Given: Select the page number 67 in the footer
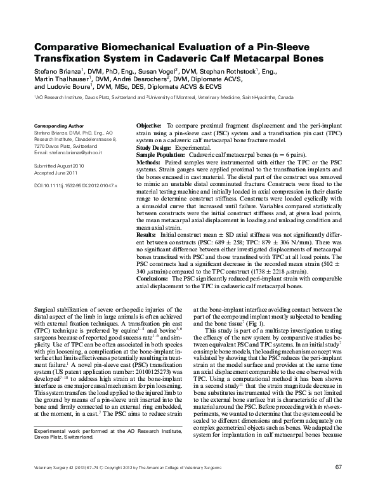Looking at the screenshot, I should click(337, 485).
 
